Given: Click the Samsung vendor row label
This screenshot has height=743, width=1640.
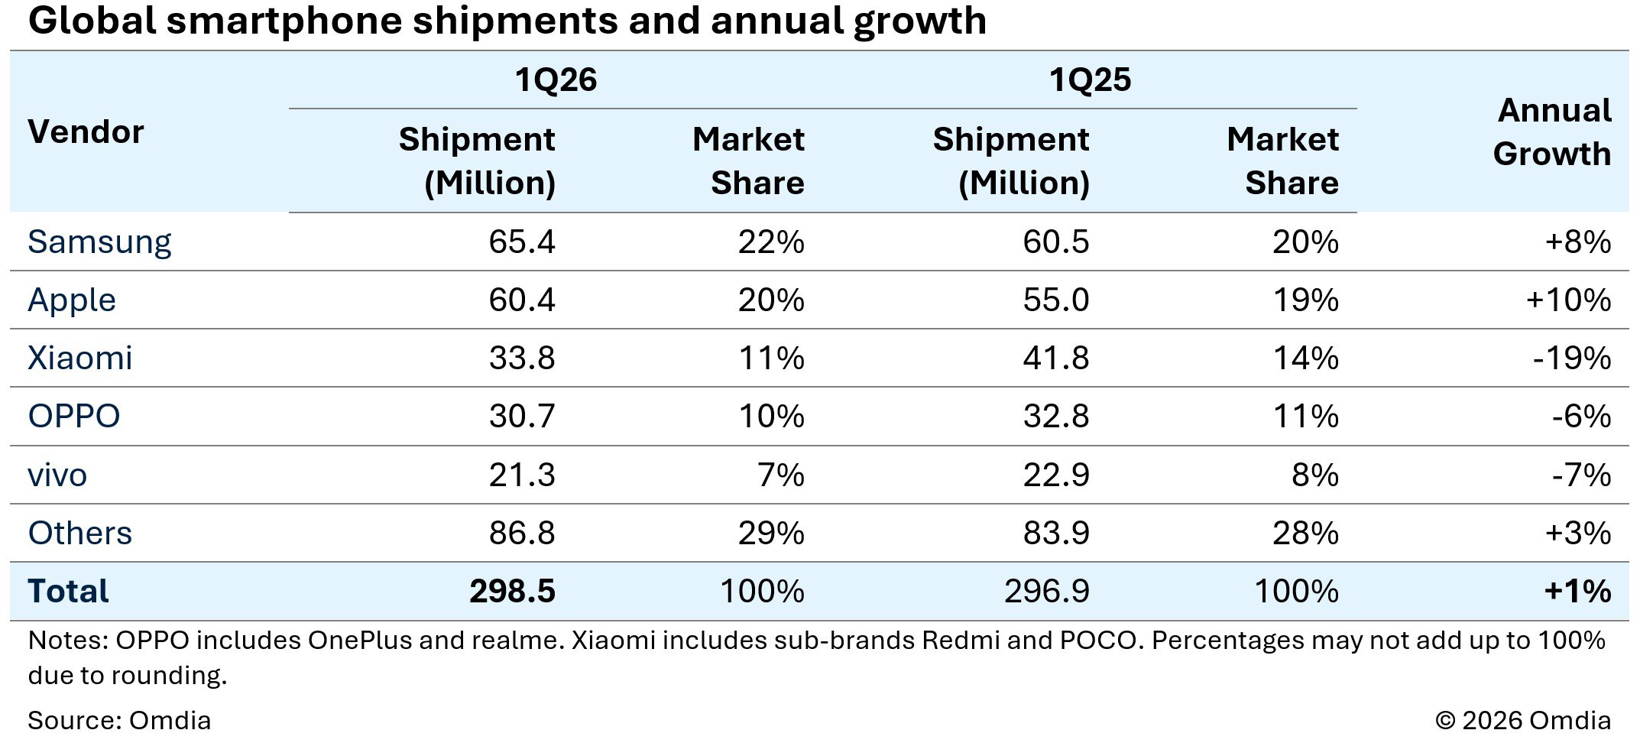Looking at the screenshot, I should coord(99,242).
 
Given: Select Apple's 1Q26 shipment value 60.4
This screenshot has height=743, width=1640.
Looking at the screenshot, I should coord(521,300).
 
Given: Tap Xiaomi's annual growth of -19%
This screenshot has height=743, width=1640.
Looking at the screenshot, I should coord(1571,359).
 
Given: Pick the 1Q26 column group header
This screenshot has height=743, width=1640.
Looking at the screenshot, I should coord(556,80).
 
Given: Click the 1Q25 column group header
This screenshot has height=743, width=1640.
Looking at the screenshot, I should coord(1090,80).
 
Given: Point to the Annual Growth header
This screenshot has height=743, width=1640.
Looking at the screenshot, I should coord(1552,132).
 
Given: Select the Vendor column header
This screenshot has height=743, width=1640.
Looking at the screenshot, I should coord(86,132).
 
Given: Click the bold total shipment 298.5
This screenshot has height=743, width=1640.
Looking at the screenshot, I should coord(512,592).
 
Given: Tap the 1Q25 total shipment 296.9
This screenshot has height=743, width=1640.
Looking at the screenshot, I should coord(1046,592).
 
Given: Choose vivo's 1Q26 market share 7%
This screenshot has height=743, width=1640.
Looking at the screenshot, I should coord(781,475).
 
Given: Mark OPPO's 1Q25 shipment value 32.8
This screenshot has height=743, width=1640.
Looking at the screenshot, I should coord(1055,417).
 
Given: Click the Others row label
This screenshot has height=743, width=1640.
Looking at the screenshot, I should coord(80,534).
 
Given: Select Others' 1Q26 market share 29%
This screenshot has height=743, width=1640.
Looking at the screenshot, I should coord(771,534).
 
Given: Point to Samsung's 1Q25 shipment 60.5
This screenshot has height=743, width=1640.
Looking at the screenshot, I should coord(1055,242).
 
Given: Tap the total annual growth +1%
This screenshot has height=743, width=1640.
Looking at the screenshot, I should coord(1577,592).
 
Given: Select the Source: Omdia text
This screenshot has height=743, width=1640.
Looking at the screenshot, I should coord(119,720).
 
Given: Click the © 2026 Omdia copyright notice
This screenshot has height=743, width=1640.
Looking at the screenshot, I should coord(1522,720).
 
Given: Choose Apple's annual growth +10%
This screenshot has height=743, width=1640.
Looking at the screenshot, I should coord(1568,300).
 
